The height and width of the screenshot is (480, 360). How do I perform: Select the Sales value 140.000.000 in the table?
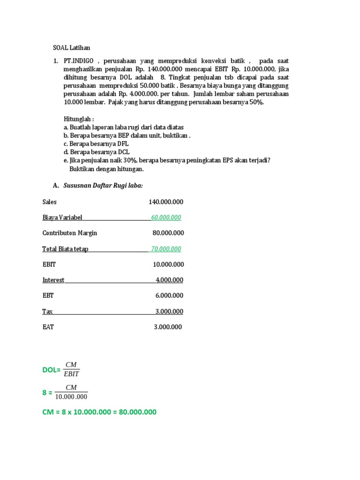pyautogui.click(x=166, y=202)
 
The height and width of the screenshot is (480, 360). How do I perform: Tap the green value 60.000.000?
pyautogui.click(x=166, y=217)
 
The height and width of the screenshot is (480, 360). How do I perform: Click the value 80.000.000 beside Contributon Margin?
pyautogui.click(x=168, y=233)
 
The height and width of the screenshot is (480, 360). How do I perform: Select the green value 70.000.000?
pyautogui.click(x=166, y=249)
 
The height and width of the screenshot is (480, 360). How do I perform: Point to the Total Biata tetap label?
pyautogui.click(x=65, y=249)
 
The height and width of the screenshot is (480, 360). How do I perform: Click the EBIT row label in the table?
pyautogui.click(x=49, y=264)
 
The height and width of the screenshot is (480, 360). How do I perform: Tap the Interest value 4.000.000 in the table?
pyautogui.click(x=169, y=280)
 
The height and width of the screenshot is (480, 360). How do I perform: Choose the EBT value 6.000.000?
pyautogui.click(x=169, y=296)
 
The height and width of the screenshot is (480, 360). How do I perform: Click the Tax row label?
pyautogui.click(x=47, y=312)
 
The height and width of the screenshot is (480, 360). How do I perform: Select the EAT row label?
pyautogui.click(x=48, y=327)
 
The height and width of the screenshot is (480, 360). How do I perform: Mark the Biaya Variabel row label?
pyautogui.click(x=62, y=217)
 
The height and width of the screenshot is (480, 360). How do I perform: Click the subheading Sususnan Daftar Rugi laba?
pyautogui.click(x=103, y=186)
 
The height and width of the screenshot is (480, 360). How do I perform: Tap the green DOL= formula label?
pyautogui.click(x=52, y=370)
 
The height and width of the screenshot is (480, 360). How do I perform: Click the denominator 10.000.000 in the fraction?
pyautogui.click(x=71, y=397)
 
